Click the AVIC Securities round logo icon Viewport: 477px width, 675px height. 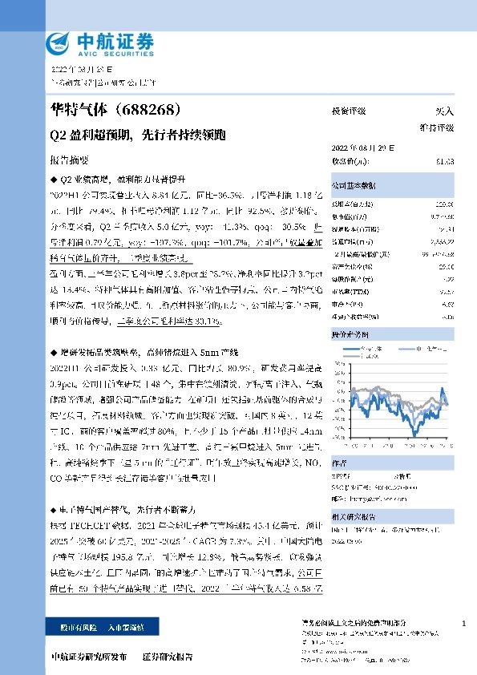click(x=59, y=42)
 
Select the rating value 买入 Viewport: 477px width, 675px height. click(x=445, y=111)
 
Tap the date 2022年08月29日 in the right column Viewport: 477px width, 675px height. click(x=363, y=148)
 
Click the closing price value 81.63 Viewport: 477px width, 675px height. click(x=445, y=161)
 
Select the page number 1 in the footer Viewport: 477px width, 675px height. click(x=464, y=622)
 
